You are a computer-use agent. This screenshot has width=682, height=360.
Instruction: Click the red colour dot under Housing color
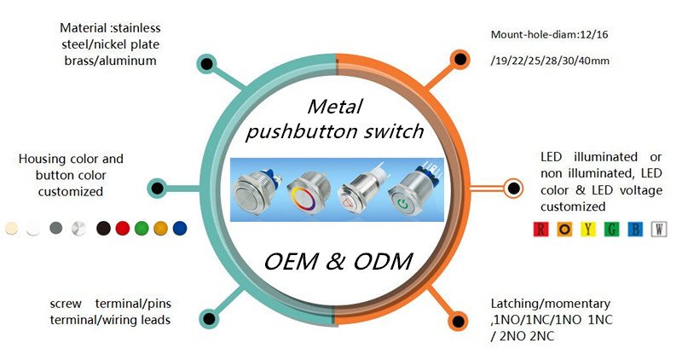(122, 229)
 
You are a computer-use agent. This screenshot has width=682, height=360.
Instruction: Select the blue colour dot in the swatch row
(179, 229)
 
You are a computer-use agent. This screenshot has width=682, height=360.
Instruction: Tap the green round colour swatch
(142, 229)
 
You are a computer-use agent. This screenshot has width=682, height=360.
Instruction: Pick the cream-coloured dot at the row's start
(12, 229)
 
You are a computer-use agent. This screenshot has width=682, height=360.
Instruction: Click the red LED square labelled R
(540, 229)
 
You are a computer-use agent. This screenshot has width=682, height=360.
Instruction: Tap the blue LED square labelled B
(634, 229)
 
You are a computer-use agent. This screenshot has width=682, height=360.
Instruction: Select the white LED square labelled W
(658, 229)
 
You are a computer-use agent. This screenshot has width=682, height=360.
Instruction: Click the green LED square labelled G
(611, 229)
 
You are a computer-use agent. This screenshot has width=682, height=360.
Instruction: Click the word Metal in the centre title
(336, 107)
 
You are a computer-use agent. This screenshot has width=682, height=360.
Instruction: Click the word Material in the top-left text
(84, 28)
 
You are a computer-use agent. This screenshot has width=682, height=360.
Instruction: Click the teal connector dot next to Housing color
(157, 188)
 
